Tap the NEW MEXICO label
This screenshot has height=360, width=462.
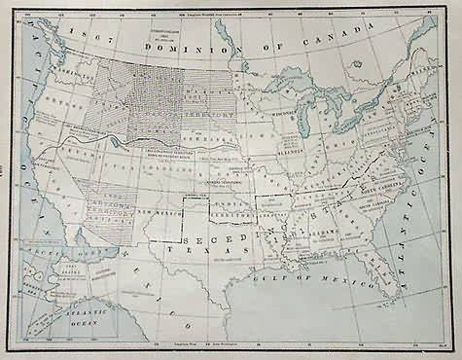click(x=157, y=212)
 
